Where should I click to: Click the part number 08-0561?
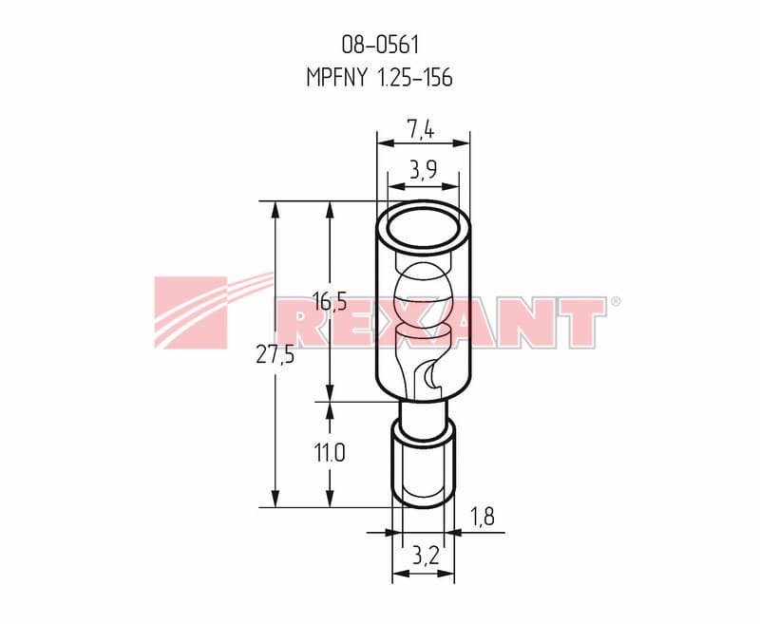380,45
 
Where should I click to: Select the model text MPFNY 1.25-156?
379,78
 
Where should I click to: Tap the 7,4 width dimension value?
420,130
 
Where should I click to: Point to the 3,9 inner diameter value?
423,170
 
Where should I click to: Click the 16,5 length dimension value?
329,302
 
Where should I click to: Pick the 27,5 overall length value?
275,356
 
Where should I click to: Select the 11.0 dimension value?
330,454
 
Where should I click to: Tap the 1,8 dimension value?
483,518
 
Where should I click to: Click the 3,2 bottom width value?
426,556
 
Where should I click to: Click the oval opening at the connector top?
423,228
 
